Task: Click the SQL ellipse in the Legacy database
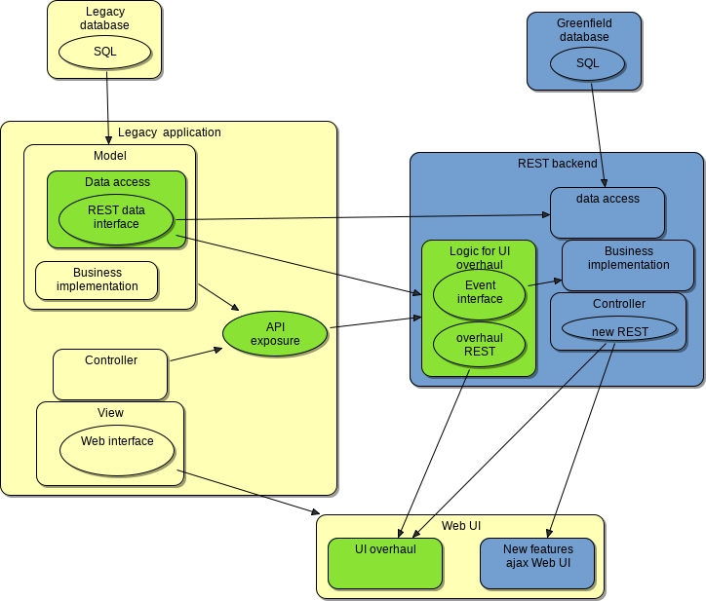[x=105, y=52]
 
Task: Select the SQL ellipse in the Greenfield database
[x=587, y=63]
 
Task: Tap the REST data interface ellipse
[x=115, y=218]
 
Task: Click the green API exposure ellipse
[x=275, y=334]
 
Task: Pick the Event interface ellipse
[x=479, y=293]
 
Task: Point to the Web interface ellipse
[x=117, y=449]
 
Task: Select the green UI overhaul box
[x=385, y=564]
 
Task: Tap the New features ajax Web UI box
[x=536, y=564]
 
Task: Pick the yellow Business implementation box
[x=97, y=281]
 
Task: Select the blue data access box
[x=607, y=212]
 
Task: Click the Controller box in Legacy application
[x=110, y=375]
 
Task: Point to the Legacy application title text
[x=169, y=132]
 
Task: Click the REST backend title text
[x=557, y=164]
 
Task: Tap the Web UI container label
[x=460, y=526]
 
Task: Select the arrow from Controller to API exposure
[x=195, y=355]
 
